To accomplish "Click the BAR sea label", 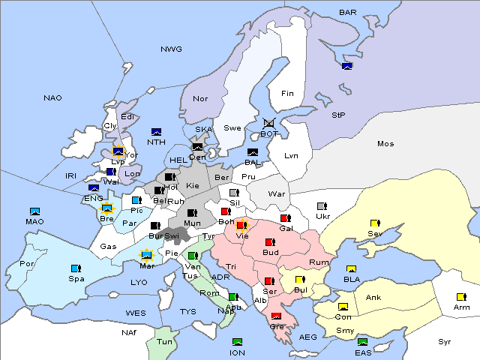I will (348, 13).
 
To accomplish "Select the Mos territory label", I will (385, 143).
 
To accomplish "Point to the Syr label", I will (445, 341).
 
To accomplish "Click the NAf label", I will (130, 331).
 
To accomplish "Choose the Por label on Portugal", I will (27, 264).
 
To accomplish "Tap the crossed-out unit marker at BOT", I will (270, 123).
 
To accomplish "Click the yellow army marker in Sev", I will (374, 223).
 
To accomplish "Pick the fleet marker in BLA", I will (351, 268).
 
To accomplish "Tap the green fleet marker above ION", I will (238, 342).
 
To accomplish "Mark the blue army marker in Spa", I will (75, 268).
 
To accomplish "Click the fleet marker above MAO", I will (34, 211).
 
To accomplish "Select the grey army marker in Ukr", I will (322, 206).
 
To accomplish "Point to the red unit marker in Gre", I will (276, 316).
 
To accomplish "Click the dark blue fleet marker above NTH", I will (156, 131).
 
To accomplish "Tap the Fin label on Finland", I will (287, 94).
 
